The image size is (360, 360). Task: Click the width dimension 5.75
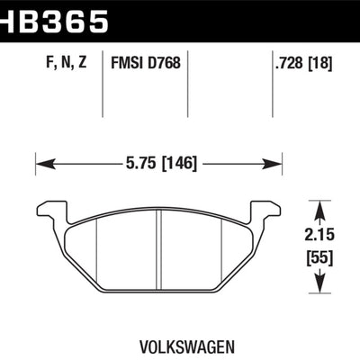pos(138,164)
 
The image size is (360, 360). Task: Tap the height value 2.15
pos(321,234)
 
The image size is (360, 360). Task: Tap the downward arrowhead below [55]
pos(321,287)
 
